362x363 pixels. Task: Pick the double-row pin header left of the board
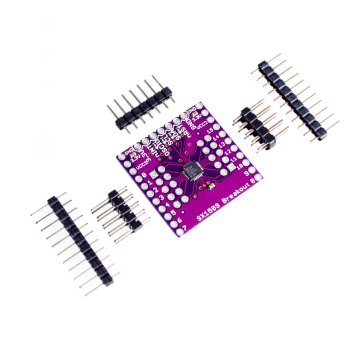[x=122, y=210]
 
